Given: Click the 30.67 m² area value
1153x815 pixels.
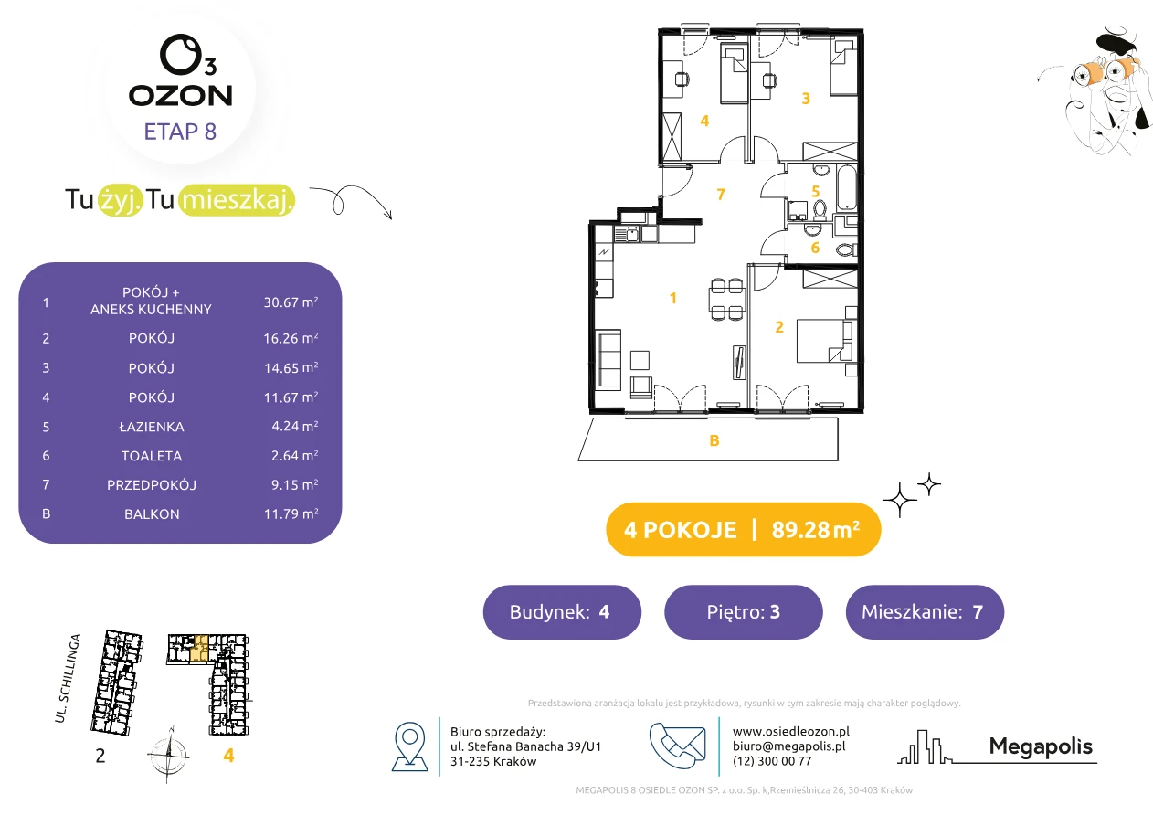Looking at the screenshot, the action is (291, 302).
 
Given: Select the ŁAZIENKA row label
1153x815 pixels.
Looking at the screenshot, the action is (152, 427).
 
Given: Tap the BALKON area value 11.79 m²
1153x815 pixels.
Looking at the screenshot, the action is (291, 513).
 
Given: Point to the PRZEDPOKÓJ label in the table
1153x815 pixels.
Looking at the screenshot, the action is (152, 485).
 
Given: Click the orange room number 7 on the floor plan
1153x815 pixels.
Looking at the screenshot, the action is (721, 194).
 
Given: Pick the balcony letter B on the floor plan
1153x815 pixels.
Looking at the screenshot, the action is (714, 440).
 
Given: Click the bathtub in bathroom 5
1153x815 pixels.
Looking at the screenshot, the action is (847, 187).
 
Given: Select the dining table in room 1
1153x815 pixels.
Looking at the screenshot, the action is (727, 299).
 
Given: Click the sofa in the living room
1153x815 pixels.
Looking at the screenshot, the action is (608, 358).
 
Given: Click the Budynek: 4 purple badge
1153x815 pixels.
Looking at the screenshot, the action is (562, 612).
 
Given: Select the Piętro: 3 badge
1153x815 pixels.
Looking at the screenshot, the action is (744, 612).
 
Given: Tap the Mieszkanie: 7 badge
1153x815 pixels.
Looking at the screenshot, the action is (925, 612).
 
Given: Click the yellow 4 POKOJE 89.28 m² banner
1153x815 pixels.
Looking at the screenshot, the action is (744, 530).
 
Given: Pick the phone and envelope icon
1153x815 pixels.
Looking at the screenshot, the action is (678, 746).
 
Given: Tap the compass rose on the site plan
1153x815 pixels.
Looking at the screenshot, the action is (169, 755).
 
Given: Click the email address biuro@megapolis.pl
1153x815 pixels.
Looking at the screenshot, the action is (788, 746).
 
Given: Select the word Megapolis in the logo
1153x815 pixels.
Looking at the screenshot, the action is (1041, 746).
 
